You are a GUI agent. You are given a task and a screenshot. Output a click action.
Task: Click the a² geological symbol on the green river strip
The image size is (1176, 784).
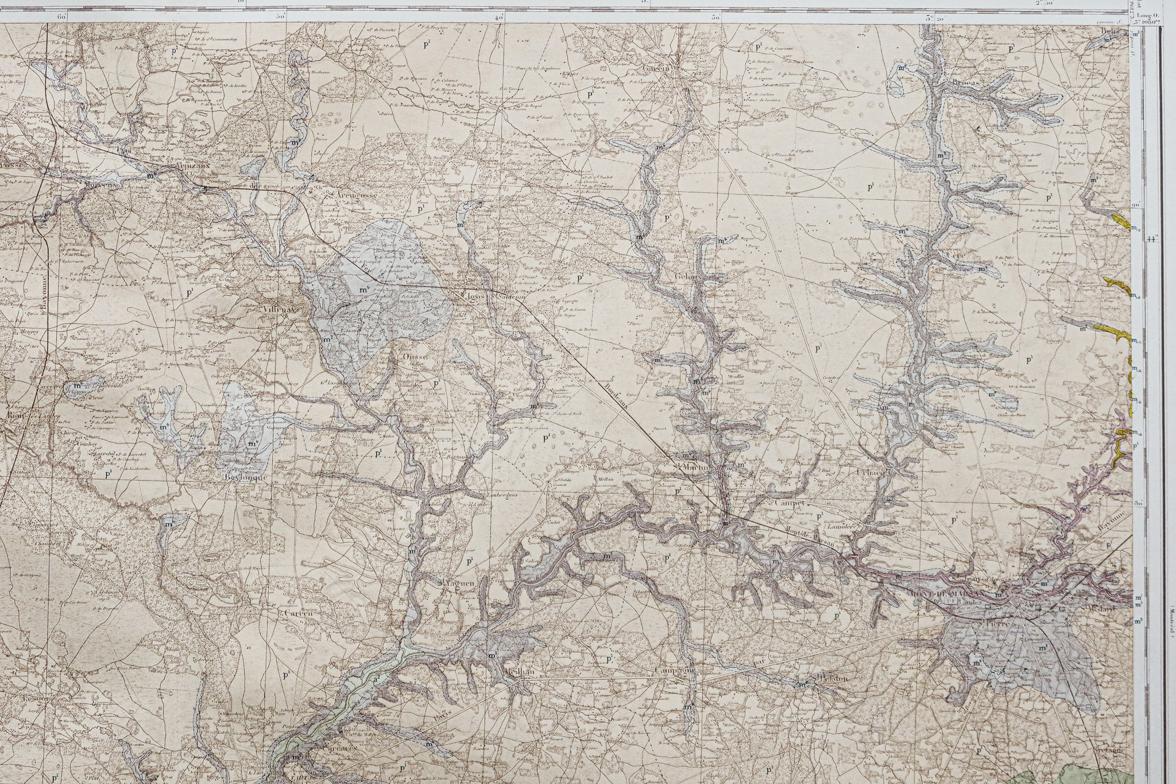377,679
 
